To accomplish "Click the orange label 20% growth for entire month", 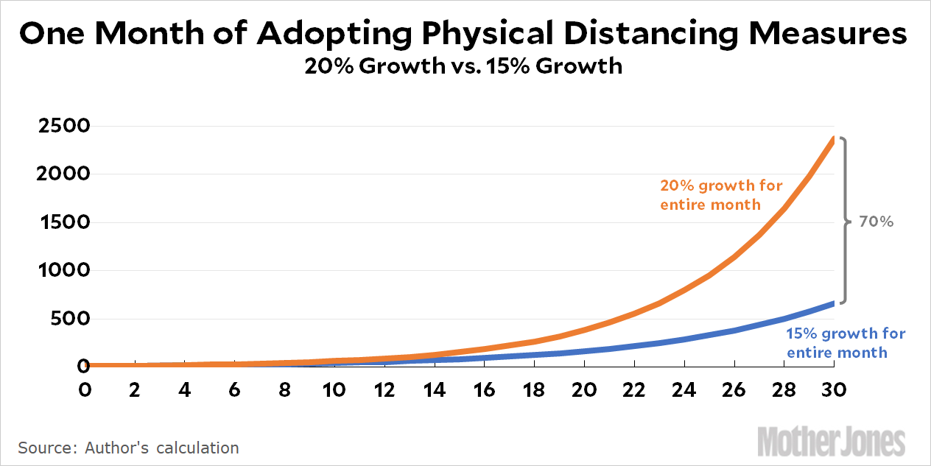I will [720, 195].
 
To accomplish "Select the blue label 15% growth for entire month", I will [846, 343].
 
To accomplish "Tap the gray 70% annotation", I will [876, 221].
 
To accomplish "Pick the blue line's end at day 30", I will [833, 303].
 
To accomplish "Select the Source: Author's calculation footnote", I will [128, 448].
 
